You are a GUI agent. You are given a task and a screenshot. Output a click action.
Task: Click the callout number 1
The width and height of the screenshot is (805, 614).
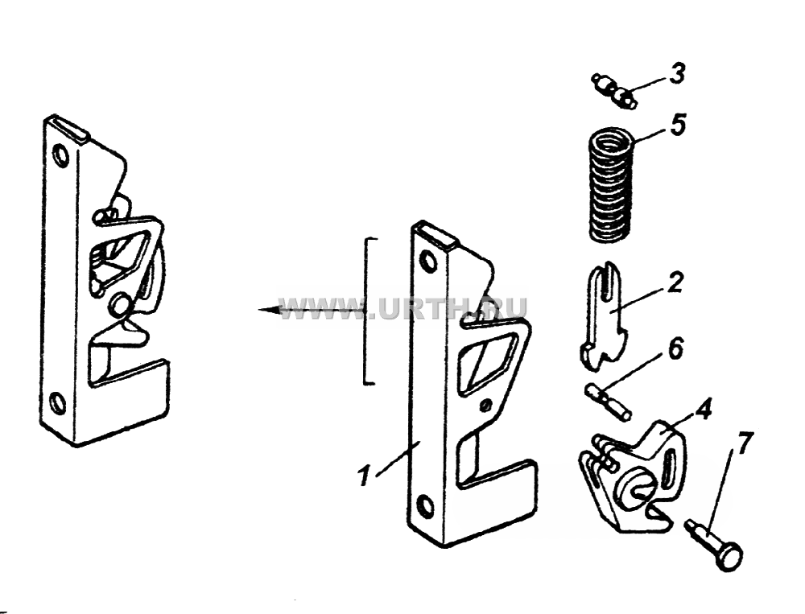364,475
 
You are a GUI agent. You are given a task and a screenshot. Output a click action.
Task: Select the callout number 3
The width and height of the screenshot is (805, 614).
676,73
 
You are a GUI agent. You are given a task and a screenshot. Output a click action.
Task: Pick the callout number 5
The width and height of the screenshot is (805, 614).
677,125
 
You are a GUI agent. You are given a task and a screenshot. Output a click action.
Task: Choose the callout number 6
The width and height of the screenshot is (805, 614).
675,348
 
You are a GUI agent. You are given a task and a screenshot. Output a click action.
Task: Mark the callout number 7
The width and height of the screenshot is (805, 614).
746,443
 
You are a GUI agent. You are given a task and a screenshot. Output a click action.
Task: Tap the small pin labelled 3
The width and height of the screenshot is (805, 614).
614,91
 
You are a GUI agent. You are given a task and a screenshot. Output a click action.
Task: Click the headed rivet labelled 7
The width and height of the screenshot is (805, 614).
714,543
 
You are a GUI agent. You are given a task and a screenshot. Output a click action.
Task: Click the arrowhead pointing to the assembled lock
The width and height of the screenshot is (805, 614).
270,310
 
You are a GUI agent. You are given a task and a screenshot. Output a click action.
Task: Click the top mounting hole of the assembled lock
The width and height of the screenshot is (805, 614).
61,156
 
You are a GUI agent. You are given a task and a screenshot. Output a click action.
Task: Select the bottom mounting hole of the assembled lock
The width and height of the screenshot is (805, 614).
58,404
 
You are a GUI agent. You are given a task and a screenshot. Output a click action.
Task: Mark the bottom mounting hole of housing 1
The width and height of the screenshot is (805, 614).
426,507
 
